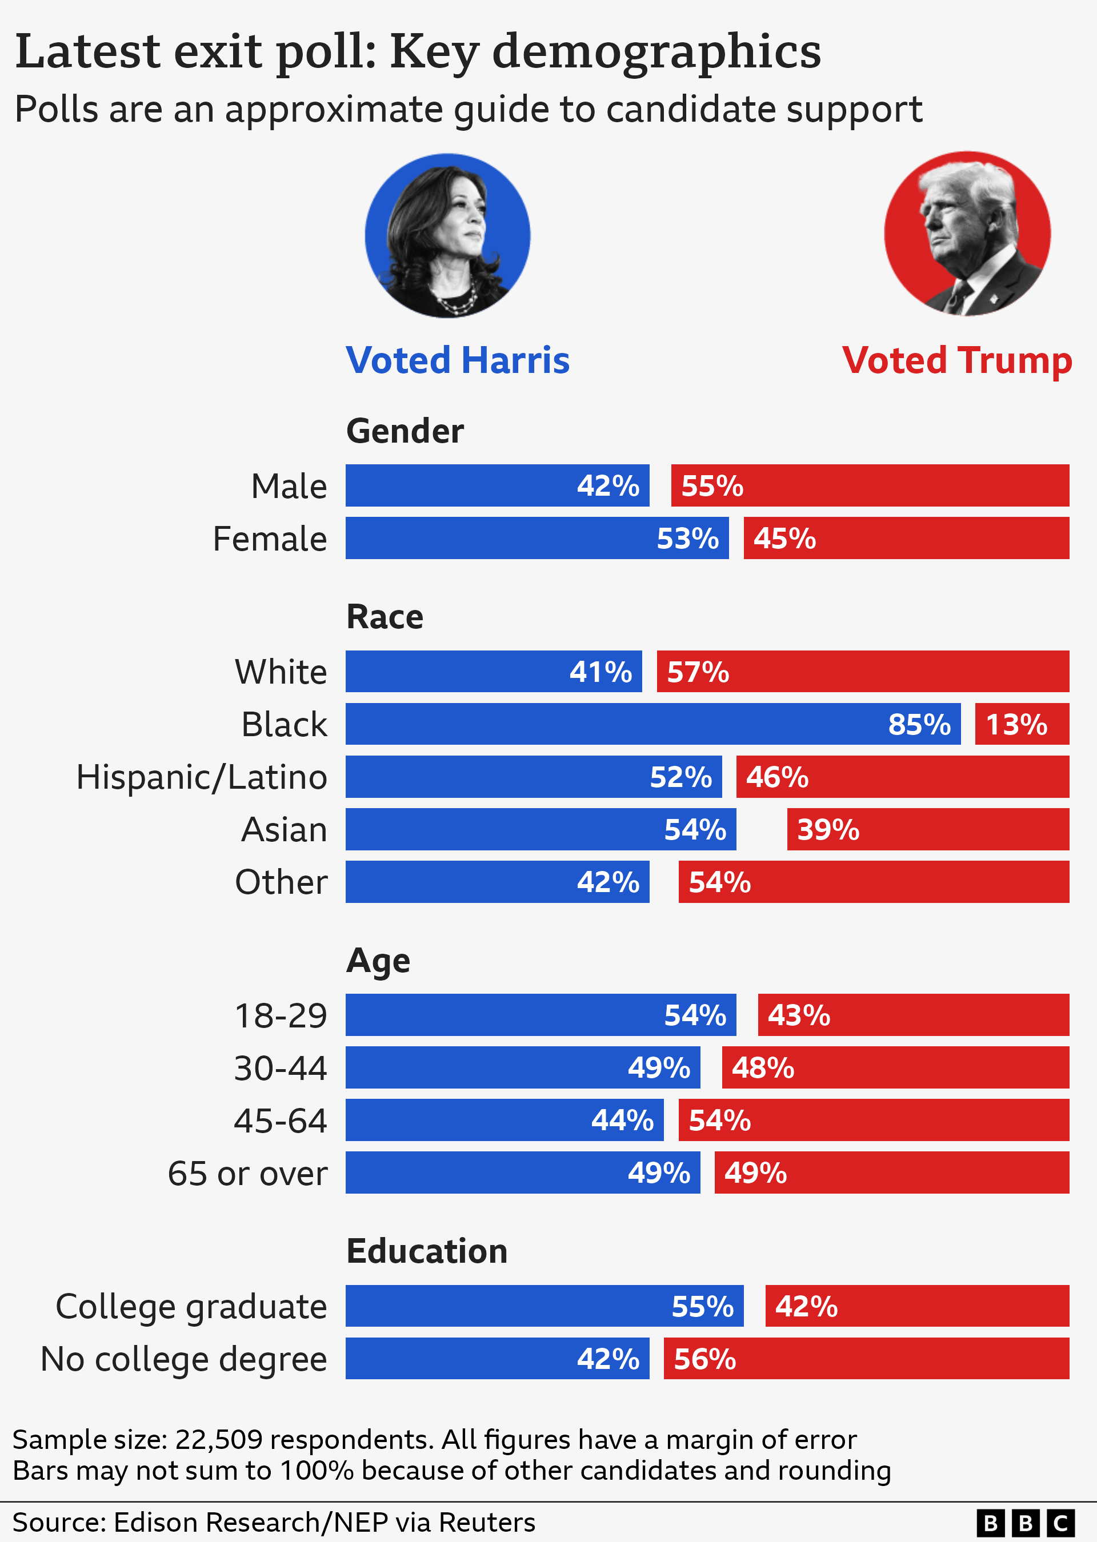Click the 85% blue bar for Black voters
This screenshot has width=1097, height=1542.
pyautogui.click(x=652, y=724)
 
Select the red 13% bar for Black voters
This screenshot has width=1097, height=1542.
pyautogui.click(x=1022, y=724)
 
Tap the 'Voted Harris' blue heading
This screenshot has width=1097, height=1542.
pyautogui.click(x=457, y=360)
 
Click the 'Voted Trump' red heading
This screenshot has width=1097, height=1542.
pyautogui.click(x=956, y=360)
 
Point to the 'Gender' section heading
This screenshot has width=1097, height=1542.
pyautogui.click(x=405, y=431)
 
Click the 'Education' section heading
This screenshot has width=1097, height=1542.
pyautogui.click(x=426, y=1251)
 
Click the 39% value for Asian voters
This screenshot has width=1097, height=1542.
pyautogui.click(x=827, y=830)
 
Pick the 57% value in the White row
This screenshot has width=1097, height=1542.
pyautogui.click(x=698, y=672)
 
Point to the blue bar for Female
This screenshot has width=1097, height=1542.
pyautogui.click(x=537, y=538)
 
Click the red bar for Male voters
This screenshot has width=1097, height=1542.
pyautogui.click(x=870, y=485)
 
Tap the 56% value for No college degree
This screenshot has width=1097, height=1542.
pyautogui.click(x=704, y=1359)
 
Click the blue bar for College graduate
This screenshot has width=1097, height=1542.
pyautogui.click(x=545, y=1306)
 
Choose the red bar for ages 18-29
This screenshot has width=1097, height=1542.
pyautogui.click(x=913, y=1015)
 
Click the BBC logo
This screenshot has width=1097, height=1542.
pyautogui.click(x=1024, y=1523)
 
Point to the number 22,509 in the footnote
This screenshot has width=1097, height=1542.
pyautogui.click(x=218, y=1439)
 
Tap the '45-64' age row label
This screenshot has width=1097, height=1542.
pyautogui.click(x=281, y=1121)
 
